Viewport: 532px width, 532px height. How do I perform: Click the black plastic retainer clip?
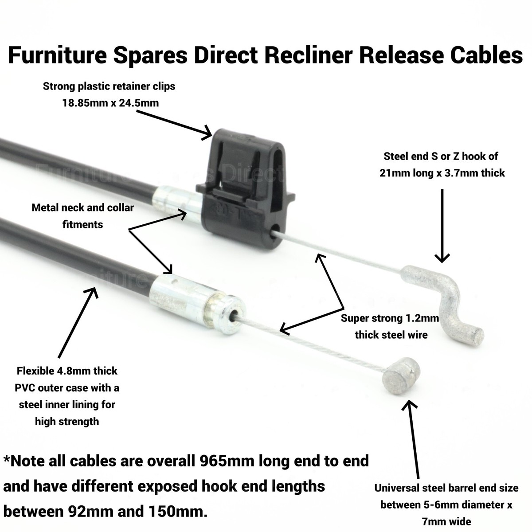click(244, 191)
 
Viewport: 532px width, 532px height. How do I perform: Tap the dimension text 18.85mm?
click(84, 103)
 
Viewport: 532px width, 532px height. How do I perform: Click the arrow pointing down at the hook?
click(442, 226)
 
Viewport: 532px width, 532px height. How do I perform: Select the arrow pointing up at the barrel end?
click(414, 439)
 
